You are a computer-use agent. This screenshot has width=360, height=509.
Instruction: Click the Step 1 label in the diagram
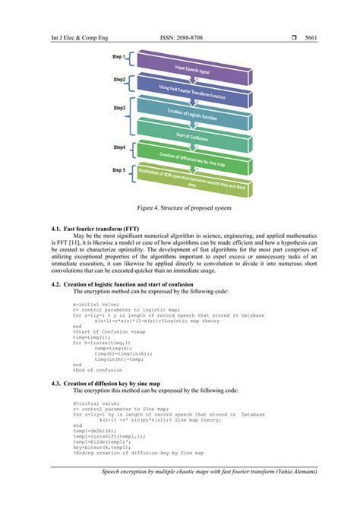(120, 56)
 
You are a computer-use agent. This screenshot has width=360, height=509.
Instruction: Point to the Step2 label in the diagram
(119, 80)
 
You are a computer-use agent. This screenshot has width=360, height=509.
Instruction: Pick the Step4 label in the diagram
(119, 147)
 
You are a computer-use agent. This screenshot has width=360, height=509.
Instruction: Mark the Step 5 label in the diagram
(120, 169)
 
